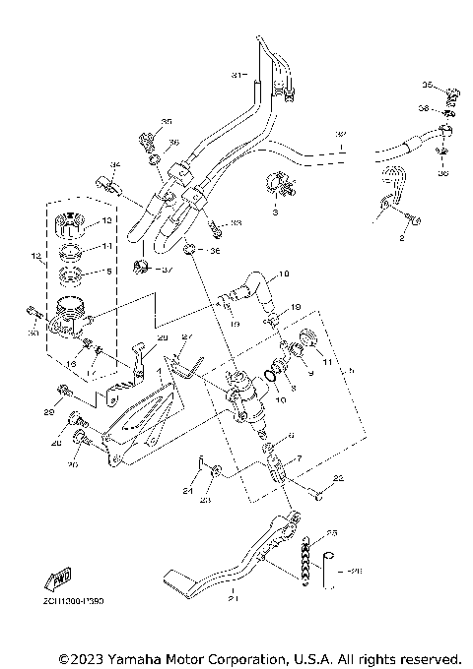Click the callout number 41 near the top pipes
[x=236, y=76]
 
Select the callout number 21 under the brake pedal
[x=233, y=597]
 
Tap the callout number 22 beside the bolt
[x=337, y=478]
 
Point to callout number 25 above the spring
[x=331, y=533]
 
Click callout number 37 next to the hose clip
[x=168, y=270]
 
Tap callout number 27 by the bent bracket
[x=188, y=337]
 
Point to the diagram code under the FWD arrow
[x=74, y=599]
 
